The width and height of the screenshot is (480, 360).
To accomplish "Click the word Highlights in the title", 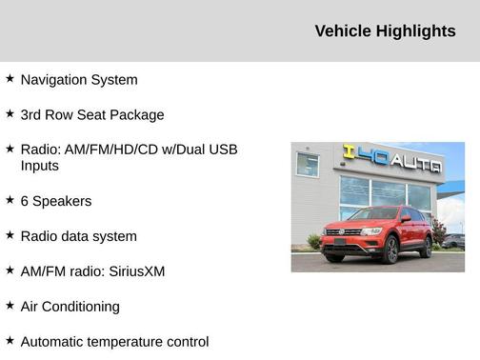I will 416,31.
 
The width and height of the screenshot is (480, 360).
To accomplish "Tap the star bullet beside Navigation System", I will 10,79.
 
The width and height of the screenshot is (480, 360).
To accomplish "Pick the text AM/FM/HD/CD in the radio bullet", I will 111,150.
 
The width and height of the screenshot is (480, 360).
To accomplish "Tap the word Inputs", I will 40,166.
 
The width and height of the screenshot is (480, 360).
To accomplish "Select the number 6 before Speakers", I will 25,201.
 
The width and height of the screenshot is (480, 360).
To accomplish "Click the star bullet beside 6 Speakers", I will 10,200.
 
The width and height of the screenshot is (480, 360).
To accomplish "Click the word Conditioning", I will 81,307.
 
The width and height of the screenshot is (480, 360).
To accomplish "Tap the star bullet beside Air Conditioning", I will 10,306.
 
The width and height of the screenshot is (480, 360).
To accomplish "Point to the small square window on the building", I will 308,165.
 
